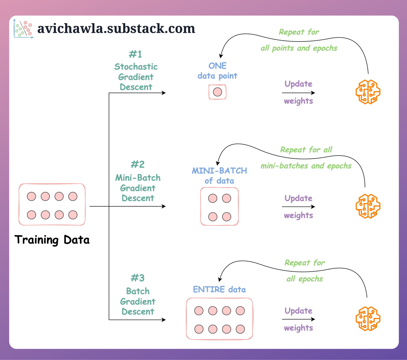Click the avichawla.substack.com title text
pos(116,29)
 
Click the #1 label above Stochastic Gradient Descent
pos(135,54)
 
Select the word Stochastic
pos(136,67)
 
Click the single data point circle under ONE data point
pos(217,92)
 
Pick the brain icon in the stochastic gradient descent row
pos(368,92)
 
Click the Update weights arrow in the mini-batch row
pos(298,207)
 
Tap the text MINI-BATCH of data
pos(219,175)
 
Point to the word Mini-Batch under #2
pos(138,178)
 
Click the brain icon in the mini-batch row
pos(368,206)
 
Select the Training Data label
pos(52,240)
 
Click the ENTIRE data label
pos(219,290)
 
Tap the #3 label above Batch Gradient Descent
pos(138,278)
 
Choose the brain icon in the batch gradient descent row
pos(368,318)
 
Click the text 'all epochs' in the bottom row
pos(304,279)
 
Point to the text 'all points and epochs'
pos(299,48)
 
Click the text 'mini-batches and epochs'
pos(306,166)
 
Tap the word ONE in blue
pos(217,66)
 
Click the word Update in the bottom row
pos(298,311)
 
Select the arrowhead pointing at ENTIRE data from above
pos(220,279)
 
